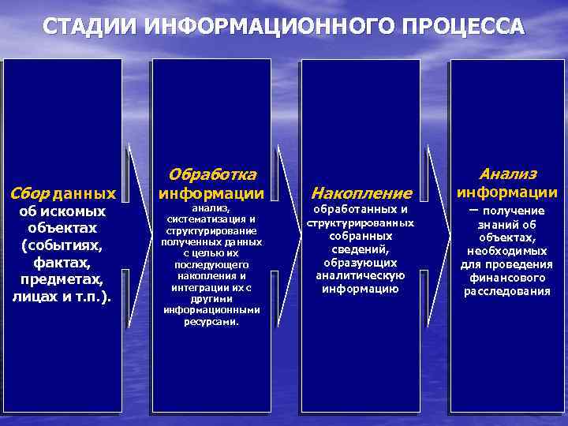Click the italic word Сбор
29,192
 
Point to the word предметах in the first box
62,279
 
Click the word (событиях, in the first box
62,245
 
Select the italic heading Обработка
212,174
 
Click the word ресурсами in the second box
211,322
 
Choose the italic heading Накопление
361,192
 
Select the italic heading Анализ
508,174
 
